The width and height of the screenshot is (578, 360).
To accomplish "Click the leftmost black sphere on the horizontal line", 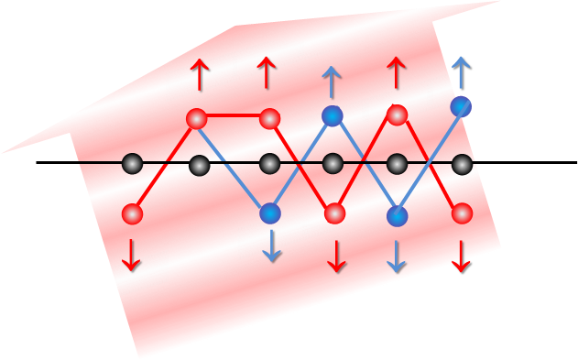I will coord(134,164).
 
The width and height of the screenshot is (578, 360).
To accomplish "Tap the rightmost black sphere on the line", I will coord(463,165).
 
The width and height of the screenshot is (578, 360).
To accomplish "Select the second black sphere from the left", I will coord(200,166).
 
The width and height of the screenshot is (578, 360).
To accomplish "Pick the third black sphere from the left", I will coord(269,164).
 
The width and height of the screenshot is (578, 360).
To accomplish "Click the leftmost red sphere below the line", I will coord(133,213).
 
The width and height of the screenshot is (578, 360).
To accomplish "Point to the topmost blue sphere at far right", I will coord(462,106).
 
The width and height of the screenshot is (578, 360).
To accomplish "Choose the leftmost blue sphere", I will coord(270,213).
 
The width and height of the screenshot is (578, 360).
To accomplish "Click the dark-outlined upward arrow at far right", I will coord(463,71).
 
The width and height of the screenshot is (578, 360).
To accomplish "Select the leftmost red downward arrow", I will coord(132,254).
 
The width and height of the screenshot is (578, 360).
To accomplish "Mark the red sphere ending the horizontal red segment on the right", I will coord(269,118).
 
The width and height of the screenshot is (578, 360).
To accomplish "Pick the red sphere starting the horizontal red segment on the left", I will coord(197,118).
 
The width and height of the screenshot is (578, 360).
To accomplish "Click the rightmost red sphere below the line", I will coord(462,213).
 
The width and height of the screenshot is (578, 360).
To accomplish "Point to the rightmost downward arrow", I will coord(463,257).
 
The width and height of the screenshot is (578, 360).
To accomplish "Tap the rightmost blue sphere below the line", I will coord(397,216).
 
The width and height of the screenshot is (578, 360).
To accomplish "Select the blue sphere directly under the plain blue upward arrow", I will coord(332,115).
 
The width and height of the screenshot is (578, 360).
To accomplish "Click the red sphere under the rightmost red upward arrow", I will coord(397,115).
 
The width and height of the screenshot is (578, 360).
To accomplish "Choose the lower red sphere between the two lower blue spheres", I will coord(335,214).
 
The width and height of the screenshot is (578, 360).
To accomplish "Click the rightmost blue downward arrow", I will coord(396,256).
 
